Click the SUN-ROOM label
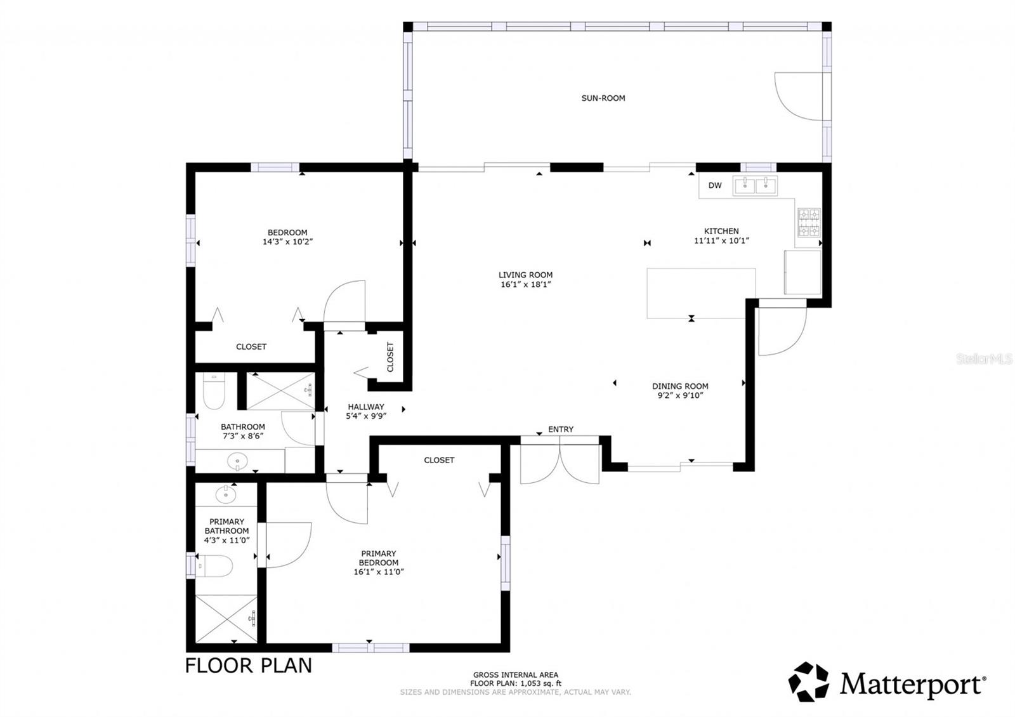click(x=603, y=98)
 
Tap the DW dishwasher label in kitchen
click(x=715, y=186)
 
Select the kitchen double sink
click(x=756, y=185)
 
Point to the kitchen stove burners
click(x=809, y=223)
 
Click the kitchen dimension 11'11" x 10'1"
click(x=721, y=240)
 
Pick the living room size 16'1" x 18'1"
click(x=525, y=284)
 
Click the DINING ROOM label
click(x=680, y=386)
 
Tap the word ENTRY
click(x=561, y=430)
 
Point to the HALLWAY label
click(x=366, y=407)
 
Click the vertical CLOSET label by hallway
click(x=390, y=357)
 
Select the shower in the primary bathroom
click(x=226, y=618)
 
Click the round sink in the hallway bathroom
click(x=237, y=461)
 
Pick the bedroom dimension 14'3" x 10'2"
click(x=287, y=242)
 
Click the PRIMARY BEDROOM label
click(x=379, y=558)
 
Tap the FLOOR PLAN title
click(x=249, y=665)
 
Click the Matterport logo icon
click(x=809, y=682)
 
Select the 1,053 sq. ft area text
click(x=515, y=683)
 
